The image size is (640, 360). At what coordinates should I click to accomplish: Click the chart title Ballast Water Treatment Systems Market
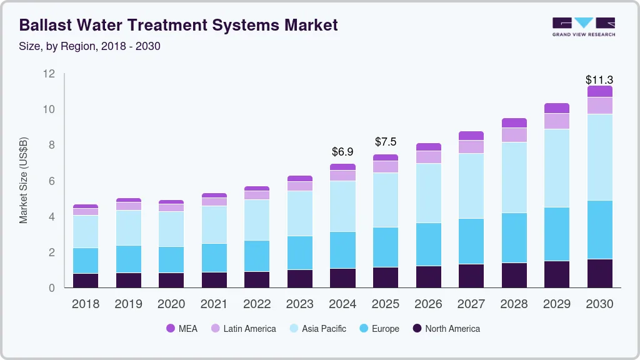tap(178, 25)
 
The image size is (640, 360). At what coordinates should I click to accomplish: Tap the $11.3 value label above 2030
tap(599, 80)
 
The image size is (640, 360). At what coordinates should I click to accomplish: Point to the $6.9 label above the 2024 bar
tap(342, 152)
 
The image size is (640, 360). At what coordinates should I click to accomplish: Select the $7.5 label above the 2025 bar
tap(386, 142)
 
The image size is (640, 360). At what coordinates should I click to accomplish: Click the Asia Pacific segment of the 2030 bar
tap(599, 157)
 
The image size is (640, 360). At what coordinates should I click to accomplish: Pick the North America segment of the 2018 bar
tap(85, 280)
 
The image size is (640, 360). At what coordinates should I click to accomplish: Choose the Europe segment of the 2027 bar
tap(471, 241)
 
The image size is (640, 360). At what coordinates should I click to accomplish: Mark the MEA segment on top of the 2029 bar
tap(556, 108)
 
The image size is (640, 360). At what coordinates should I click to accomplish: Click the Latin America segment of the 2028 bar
tap(514, 135)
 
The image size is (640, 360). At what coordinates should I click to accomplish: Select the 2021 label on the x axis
tap(214, 304)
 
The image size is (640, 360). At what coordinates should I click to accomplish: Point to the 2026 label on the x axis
tap(428, 304)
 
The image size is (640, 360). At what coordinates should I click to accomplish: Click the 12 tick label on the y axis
tap(49, 74)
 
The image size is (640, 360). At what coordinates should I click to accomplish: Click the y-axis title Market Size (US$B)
tap(24, 181)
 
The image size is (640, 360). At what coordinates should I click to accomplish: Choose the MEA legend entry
tap(182, 328)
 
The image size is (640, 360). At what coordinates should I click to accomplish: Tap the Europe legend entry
tap(379, 328)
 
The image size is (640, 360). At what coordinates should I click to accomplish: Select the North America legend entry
tap(446, 328)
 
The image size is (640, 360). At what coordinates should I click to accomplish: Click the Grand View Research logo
tap(583, 26)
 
